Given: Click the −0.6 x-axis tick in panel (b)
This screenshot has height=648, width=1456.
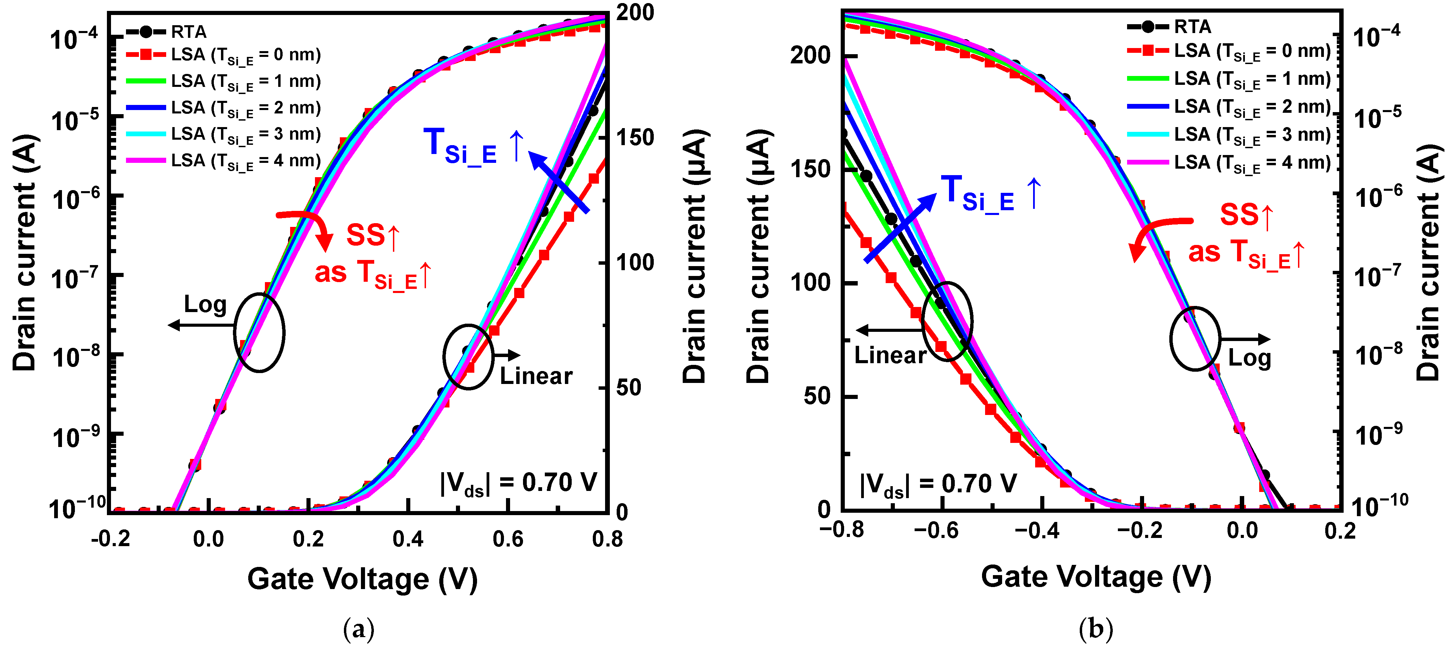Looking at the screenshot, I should pyautogui.click(x=936, y=530).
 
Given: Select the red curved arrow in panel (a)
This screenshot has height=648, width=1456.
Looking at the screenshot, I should pyautogui.click(x=308, y=226).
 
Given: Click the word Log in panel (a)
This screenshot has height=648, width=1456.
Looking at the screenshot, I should pyautogui.click(x=205, y=305).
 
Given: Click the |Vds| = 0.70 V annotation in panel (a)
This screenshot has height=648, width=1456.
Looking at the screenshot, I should pyautogui.click(x=518, y=483).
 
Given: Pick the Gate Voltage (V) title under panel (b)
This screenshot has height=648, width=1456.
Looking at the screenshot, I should pyautogui.click(x=1095, y=577).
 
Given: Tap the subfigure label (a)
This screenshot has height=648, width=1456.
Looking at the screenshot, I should pyautogui.click(x=358, y=629).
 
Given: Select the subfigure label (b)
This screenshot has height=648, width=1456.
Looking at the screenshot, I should pyautogui.click(x=1095, y=629).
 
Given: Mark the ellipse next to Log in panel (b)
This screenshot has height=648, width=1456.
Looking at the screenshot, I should pyautogui.click(x=1195, y=339).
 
